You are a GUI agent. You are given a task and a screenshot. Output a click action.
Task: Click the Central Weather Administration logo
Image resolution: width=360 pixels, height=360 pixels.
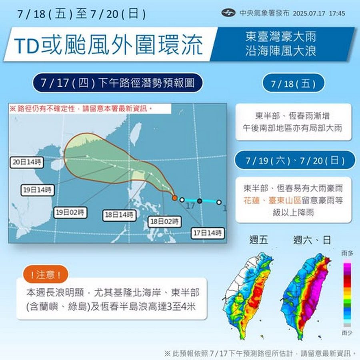point(228,13)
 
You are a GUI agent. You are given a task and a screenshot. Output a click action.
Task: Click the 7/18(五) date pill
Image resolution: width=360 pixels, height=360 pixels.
point(293,84)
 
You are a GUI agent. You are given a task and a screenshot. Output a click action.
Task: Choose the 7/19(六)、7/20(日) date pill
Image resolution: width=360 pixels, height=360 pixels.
point(295,160)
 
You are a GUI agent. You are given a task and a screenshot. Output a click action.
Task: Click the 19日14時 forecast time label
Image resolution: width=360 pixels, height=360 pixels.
point(38,190)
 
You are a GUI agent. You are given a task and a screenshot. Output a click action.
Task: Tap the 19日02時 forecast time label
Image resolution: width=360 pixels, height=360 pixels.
point(70,213)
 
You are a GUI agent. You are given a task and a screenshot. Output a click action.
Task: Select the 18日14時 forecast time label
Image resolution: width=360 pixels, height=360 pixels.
point(118,215)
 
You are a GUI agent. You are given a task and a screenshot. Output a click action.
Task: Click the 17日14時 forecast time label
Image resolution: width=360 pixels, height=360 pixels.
point(207,233)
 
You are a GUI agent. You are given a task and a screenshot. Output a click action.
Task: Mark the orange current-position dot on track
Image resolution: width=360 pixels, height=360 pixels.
point(174,198)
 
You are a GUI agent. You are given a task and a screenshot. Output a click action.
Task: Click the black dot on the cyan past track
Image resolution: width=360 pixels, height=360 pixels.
point(199,200)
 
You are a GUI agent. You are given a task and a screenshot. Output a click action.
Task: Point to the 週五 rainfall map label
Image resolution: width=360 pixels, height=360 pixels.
point(258,240)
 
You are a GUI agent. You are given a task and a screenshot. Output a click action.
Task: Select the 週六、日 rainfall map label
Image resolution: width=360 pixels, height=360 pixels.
point(312,240)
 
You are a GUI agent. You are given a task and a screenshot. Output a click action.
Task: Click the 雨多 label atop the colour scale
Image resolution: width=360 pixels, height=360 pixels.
point(347,253)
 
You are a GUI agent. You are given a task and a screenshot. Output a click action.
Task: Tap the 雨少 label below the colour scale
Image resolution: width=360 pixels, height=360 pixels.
point(347,333)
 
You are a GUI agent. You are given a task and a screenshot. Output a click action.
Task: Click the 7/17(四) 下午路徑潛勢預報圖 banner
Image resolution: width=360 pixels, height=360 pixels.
point(118,83)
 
